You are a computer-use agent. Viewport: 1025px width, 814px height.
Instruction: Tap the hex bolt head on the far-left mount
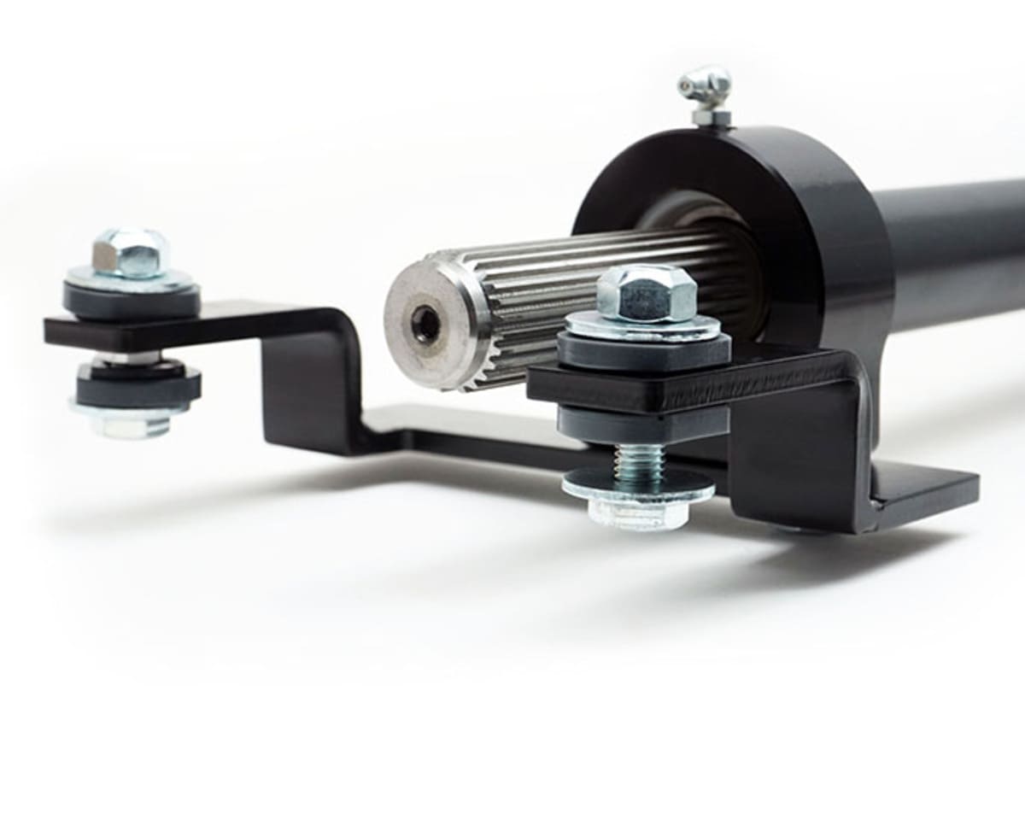[130, 252]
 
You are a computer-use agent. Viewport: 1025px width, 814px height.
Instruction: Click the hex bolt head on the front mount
[647, 292]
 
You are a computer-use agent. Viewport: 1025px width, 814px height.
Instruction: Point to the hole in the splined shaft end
[425, 325]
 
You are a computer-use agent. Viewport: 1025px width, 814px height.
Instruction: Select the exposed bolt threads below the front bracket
[638, 461]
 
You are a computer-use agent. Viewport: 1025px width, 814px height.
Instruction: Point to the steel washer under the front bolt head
[642, 325]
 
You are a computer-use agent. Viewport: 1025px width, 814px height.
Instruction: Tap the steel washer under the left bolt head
[130, 278]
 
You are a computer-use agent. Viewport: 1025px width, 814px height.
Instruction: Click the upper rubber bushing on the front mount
[645, 351]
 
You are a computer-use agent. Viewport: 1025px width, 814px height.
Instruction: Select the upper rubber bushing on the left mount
[132, 301]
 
